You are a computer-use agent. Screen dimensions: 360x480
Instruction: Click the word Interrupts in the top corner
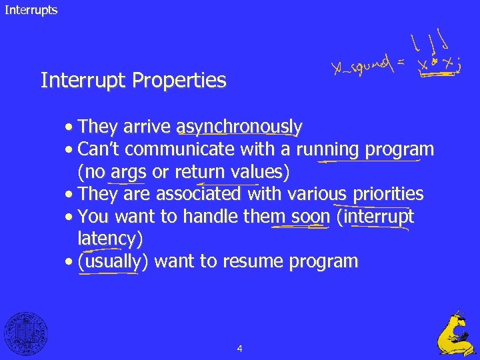[x=31, y=10]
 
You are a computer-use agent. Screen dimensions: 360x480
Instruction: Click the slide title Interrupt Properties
[x=133, y=81]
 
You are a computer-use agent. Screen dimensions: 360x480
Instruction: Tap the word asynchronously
[x=239, y=127]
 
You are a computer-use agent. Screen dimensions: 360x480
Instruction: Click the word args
[x=128, y=173]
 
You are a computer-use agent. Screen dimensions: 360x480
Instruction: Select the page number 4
[x=239, y=348]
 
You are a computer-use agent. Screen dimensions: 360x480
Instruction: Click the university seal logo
[x=26, y=333]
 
